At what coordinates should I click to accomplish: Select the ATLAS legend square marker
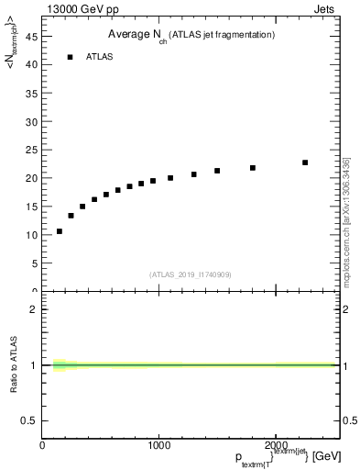click(x=70, y=57)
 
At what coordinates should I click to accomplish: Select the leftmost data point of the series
click(x=60, y=231)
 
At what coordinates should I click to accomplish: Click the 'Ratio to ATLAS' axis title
click(x=14, y=365)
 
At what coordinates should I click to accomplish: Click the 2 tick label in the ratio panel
click(x=32, y=309)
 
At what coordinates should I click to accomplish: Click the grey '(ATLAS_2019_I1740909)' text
click(x=190, y=274)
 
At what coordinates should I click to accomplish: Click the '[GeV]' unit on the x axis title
click(x=329, y=456)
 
